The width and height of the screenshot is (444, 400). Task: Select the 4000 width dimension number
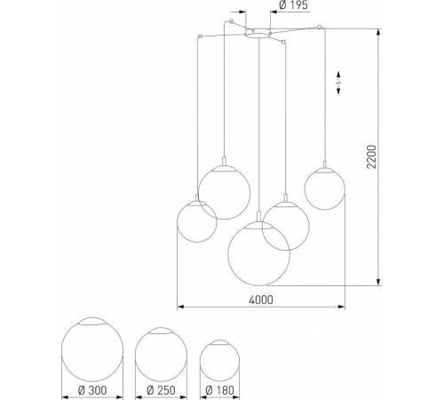[x=262, y=299]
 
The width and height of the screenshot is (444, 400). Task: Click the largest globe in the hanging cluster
[x=258, y=253]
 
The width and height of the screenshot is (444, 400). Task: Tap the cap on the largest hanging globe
[x=258, y=226]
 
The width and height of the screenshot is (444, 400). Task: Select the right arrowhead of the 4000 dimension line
[x=344, y=308]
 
